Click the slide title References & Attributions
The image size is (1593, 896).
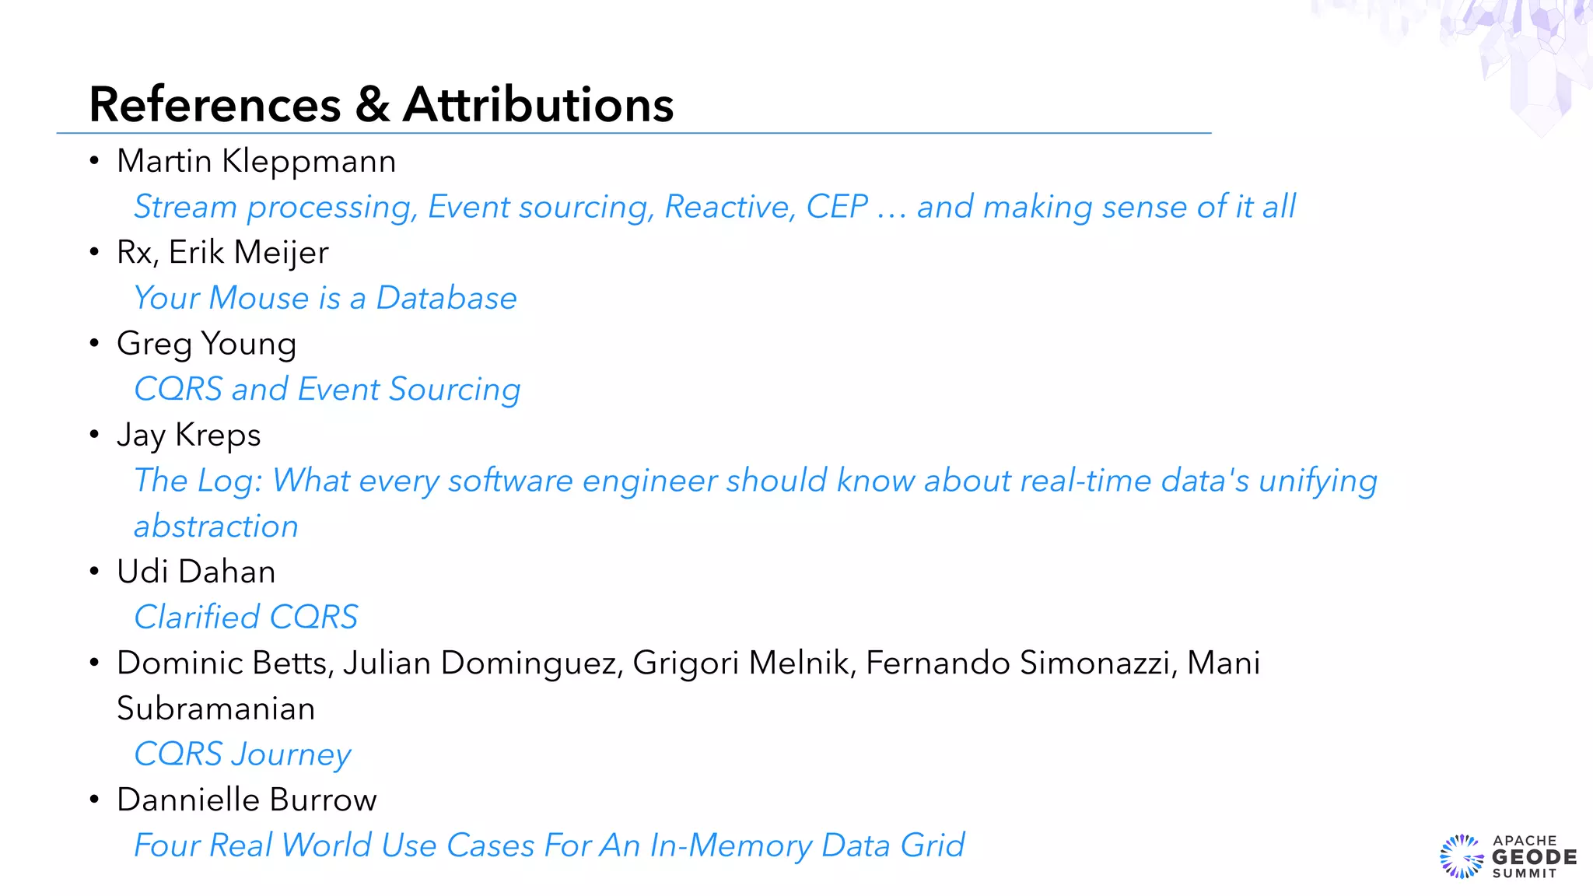pyautogui.click(x=381, y=104)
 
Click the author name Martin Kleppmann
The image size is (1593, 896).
pyautogui.click(x=256, y=161)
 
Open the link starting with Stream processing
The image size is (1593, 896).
pyautogui.click(x=714, y=207)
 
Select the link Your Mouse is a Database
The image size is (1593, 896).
pyautogui.click(x=325, y=298)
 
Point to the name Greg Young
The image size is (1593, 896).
pyautogui.click(x=206, y=344)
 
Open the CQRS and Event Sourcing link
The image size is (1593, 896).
pyautogui.click(x=327, y=389)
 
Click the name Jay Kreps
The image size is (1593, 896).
pyautogui.click(x=188, y=435)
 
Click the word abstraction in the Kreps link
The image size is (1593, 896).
pyautogui.click(x=216, y=527)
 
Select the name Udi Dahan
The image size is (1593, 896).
pyautogui.click(x=196, y=572)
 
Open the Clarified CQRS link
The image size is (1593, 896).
pyautogui.click(x=246, y=618)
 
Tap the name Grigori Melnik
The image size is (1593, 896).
pyautogui.click(x=744, y=663)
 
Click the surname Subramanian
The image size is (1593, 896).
pyautogui.click(x=215, y=709)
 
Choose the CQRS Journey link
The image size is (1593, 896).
pyautogui.click(x=242, y=754)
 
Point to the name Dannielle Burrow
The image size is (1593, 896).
pyautogui.click(x=247, y=800)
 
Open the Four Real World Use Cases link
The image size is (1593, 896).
pyautogui.click(x=548, y=845)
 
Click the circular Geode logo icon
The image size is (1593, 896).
pyautogui.click(x=1462, y=856)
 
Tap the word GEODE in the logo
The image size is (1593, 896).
pyautogui.click(x=1534, y=857)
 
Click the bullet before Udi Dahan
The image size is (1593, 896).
pyautogui.click(x=94, y=572)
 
